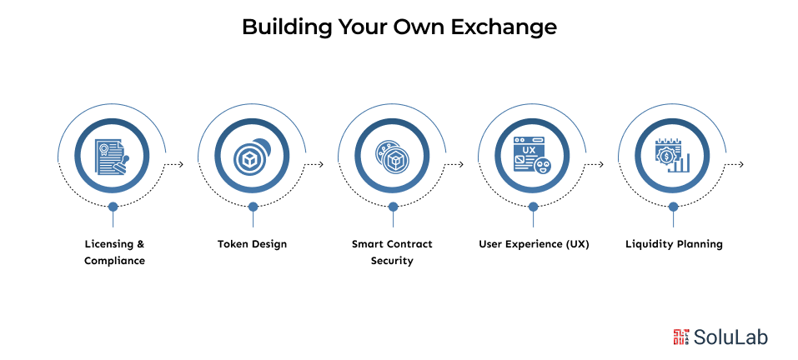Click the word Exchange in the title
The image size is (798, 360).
pos(504,27)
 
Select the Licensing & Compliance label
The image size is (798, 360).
pos(114,252)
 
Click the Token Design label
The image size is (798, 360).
pos(252,244)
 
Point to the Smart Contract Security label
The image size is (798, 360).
pos(392,252)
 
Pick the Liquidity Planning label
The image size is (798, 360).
pos(674,244)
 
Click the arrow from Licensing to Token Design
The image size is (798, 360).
pos(173,164)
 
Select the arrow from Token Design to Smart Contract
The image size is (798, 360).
pos(314,164)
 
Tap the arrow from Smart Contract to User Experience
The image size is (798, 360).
pos(454,164)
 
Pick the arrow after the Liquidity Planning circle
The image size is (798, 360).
pos(734,164)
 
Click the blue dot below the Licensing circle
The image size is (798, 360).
pos(113,206)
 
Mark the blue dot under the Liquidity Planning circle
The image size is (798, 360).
pos(672,206)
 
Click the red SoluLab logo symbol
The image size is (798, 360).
pos(680,337)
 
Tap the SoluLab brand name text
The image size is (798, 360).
pos(732,337)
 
